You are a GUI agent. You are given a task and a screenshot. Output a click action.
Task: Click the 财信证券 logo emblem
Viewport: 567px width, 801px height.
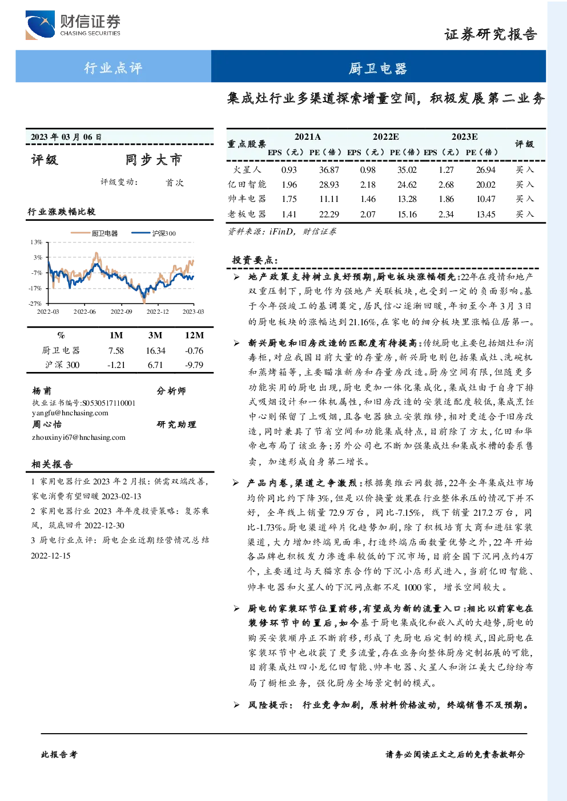[40, 25]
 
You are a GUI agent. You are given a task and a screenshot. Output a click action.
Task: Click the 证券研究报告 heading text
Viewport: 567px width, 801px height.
[490, 34]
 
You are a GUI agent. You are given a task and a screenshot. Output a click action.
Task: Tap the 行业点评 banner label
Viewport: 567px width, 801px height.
[113, 67]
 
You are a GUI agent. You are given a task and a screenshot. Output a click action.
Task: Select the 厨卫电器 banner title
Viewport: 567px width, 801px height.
[378, 68]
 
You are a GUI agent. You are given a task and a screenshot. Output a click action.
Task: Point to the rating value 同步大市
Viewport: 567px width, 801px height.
[154, 160]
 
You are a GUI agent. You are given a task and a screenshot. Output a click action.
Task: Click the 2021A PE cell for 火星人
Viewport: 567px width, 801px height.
[329, 170]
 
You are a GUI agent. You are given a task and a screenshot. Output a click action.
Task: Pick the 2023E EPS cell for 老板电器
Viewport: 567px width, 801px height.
[446, 214]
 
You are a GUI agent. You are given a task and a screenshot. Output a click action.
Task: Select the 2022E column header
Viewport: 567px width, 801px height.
[385, 136]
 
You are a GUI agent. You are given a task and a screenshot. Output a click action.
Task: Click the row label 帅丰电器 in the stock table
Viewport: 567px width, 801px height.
[247, 199]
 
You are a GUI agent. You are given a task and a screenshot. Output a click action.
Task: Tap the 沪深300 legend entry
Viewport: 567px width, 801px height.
[154, 233]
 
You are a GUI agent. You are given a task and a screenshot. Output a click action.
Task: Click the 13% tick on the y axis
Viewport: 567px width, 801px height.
[36, 242]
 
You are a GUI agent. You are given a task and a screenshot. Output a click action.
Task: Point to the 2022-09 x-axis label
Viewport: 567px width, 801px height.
[122, 311]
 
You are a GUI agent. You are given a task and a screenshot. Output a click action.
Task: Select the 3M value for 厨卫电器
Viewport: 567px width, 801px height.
[155, 351]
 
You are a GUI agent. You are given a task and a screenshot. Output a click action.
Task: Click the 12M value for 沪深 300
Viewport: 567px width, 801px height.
[194, 365]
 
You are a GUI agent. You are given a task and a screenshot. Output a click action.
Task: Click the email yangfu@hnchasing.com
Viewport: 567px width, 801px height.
[70, 413]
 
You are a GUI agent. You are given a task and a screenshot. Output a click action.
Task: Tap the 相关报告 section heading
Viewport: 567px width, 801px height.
[53, 464]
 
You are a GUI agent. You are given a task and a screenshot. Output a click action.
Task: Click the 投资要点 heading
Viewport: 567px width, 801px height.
[255, 260]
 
